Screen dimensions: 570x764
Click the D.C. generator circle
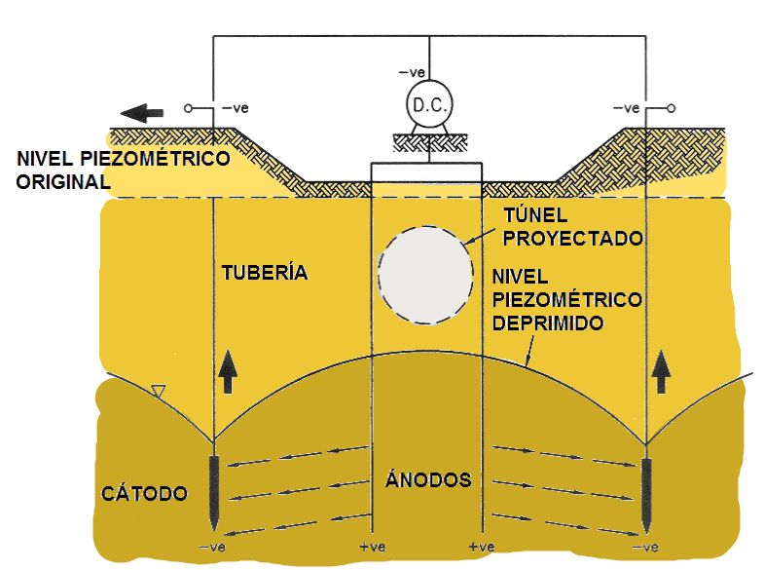tap(427, 104)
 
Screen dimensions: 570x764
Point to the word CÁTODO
tap(144, 493)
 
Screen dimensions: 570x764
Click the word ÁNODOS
tap(427, 480)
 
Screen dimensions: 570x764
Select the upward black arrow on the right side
tap(662, 372)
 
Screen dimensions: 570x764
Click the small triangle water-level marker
tap(160, 393)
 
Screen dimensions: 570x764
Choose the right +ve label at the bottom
tap(483, 548)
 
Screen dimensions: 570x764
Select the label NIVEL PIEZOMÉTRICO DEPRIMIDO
tap(567, 298)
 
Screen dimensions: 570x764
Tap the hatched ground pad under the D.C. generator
tap(427, 142)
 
